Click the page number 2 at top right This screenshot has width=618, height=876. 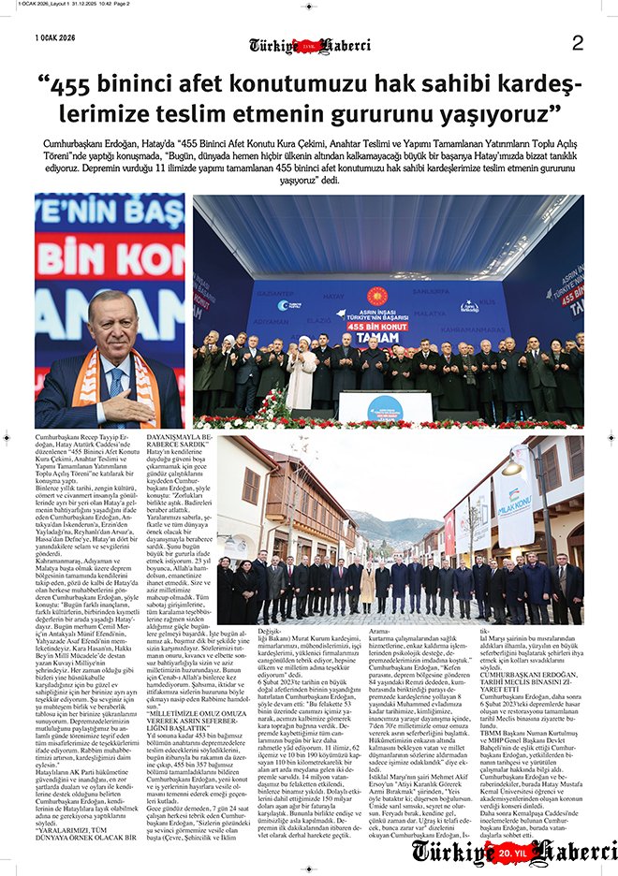577,42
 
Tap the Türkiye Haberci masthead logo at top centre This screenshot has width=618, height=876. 310,46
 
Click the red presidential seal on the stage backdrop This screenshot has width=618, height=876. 377,295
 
